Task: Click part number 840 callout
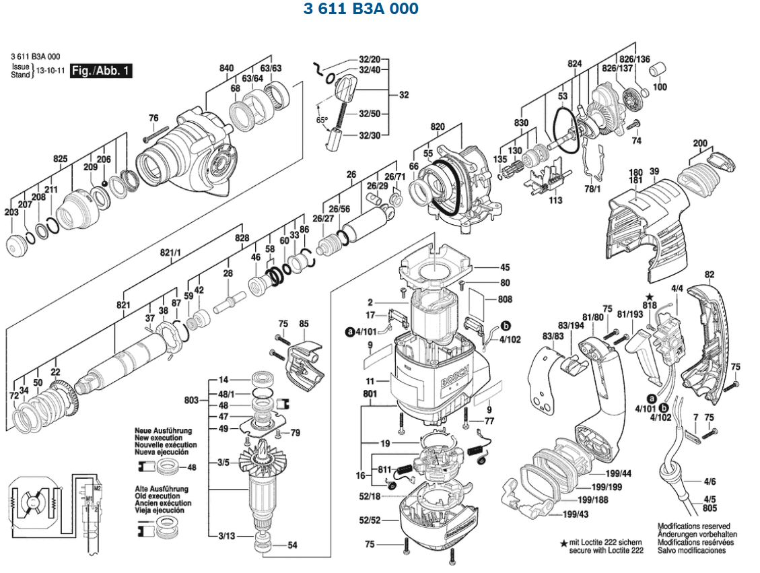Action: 227,68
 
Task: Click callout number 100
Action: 660,87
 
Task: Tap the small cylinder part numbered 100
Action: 660,69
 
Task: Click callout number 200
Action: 700,143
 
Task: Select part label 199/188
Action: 593,500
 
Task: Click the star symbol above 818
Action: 650,297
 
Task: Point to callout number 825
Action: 61,159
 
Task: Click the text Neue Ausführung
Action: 163,430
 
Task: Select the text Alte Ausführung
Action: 162,489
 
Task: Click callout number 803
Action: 191,401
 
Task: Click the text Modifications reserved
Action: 693,527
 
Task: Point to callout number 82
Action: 709,274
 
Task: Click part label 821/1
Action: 171,252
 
